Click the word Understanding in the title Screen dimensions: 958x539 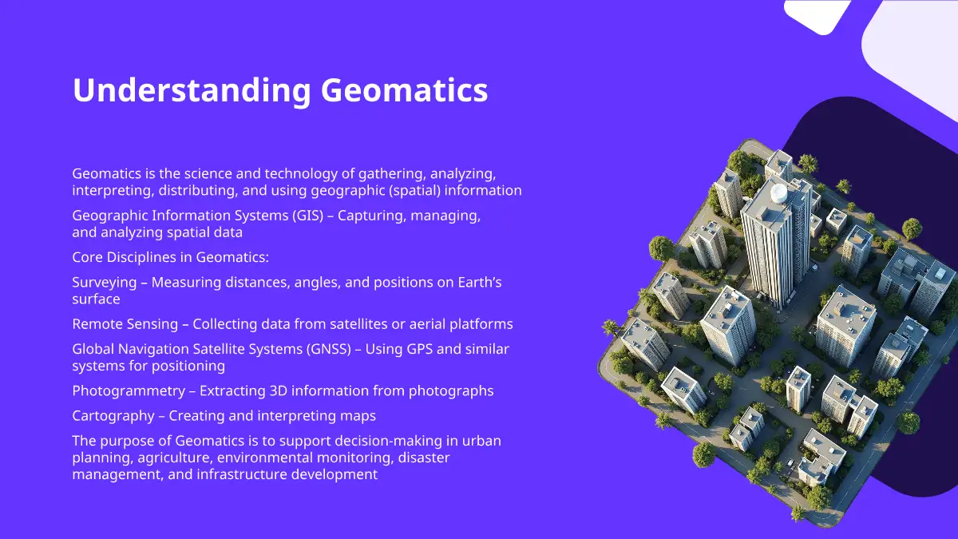click(192, 90)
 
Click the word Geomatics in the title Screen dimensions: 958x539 click(404, 90)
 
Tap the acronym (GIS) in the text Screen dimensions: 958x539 click(308, 215)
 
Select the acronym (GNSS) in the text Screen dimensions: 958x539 click(328, 349)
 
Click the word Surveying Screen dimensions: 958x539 click(105, 283)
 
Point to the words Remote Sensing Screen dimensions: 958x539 click(125, 324)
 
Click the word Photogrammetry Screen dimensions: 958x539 click(129, 391)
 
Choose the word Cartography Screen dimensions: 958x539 click(113, 416)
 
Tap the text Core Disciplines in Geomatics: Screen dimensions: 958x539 click(171, 257)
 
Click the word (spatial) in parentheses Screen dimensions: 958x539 click(414, 190)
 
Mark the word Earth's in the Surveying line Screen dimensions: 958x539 click(480, 283)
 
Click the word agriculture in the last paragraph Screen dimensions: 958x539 click(176, 458)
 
